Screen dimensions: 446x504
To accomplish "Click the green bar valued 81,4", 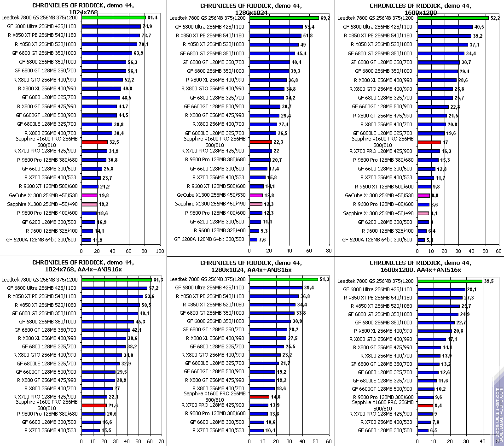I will coord(113,18).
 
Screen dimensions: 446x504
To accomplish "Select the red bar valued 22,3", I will coord(261,142).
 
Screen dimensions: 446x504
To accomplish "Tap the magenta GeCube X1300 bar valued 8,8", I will coord(423,195).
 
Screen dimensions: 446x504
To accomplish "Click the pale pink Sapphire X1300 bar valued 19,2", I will coord(89,204).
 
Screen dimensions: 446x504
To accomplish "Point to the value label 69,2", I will coord(325,18).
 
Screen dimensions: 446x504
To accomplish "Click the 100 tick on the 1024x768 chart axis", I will coord(160,252).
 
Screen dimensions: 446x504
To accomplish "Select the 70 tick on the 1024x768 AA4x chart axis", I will coord(161,440).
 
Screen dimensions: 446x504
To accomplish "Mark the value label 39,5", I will coord(489,281).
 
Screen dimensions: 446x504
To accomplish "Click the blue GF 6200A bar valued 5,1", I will coord(421,240).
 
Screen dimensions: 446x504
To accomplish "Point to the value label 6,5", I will coord(434,430).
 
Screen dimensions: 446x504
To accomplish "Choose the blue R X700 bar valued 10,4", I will coord(256,430).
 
